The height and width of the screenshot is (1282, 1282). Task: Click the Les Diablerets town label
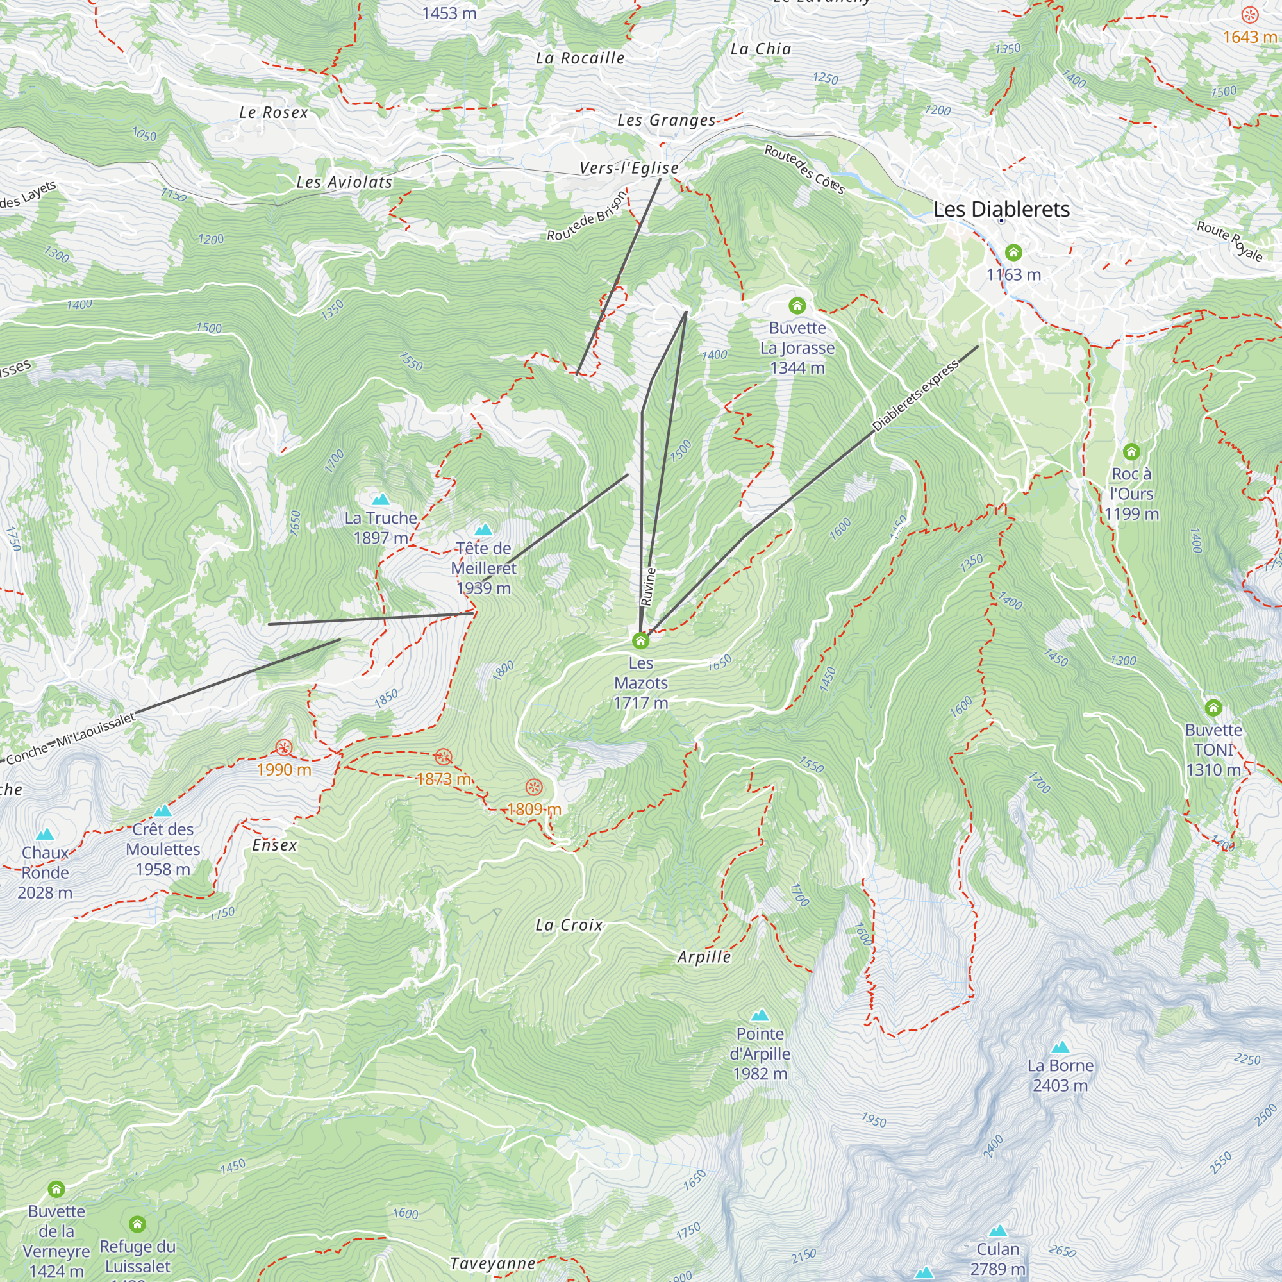point(1001,210)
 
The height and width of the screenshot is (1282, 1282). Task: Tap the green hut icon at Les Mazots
point(640,640)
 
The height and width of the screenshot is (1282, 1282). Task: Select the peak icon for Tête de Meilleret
point(484,529)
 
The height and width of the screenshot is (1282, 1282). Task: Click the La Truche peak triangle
point(380,500)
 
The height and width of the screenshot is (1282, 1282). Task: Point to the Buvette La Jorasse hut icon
point(797,306)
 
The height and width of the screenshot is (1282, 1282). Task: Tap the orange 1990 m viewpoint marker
point(284,748)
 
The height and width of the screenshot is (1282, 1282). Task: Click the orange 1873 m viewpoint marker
point(444,756)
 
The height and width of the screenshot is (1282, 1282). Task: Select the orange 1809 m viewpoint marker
point(533,788)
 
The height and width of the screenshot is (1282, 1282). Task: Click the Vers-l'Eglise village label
point(629,169)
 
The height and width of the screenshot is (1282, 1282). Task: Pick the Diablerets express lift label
point(915,396)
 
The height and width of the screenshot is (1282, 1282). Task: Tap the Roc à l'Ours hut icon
point(1131,452)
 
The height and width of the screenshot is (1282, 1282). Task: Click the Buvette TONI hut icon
point(1213,708)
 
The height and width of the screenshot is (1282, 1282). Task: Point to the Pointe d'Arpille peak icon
point(760,1015)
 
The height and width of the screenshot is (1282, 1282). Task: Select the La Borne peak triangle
point(1060,1047)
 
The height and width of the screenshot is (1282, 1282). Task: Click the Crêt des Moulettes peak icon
point(163,811)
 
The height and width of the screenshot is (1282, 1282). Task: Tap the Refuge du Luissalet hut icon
point(137,1224)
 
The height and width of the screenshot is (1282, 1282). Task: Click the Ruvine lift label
point(649,587)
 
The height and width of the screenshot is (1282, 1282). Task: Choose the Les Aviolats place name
point(344,182)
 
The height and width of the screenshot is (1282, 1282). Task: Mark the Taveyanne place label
point(492,1264)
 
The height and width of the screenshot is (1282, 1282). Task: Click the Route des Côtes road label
point(804,170)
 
